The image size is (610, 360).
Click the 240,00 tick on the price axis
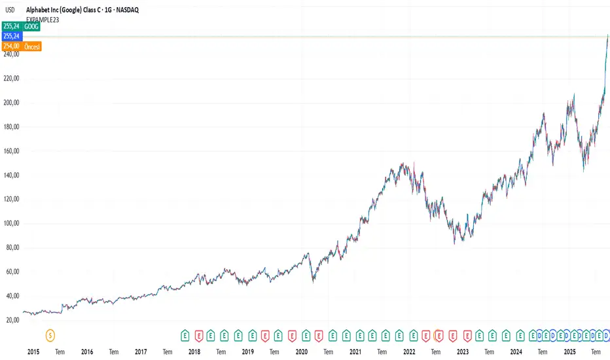[x=11, y=54]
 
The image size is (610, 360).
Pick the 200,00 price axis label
[x=11, y=103]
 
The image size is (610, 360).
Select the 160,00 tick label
[x=11, y=151]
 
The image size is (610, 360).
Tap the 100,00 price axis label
[x=11, y=223]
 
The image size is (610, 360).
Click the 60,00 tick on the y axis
[x=11, y=272]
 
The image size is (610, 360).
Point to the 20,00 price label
[x=11, y=320]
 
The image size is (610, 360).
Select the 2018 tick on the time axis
[x=194, y=352]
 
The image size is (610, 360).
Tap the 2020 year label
[x=301, y=352]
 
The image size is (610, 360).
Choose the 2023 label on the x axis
[x=462, y=352]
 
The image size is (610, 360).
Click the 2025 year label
[x=569, y=352]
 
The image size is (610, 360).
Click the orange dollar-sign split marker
[x=50, y=336]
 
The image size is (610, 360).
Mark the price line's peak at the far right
[x=607, y=35]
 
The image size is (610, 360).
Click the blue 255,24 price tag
[x=11, y=36]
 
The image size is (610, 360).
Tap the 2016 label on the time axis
[x=87, y=352]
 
